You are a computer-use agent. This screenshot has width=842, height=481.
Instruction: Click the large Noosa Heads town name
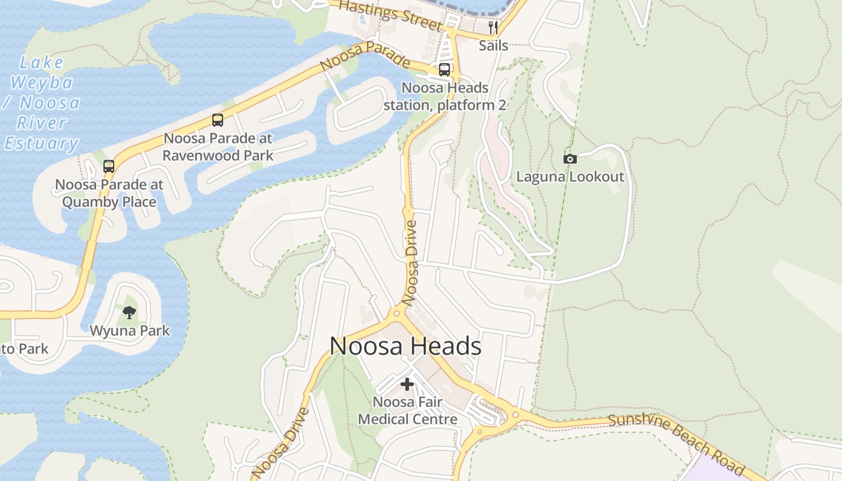pos(405,347)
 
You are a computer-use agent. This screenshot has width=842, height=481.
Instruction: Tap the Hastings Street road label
pos(390,16)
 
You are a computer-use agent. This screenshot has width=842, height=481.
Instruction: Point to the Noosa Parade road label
pos(365,56)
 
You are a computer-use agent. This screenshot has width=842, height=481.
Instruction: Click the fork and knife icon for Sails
pos(493,28)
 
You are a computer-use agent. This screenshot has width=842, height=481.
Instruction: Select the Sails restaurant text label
pos(493,46)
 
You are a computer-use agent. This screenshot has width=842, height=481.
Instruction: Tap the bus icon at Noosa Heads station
pos(444,70)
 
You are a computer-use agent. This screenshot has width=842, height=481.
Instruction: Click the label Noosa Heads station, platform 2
pos(444,96)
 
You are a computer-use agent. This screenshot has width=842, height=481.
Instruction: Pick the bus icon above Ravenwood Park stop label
pos(218,120)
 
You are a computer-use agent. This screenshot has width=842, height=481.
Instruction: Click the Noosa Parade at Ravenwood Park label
pos(218,147)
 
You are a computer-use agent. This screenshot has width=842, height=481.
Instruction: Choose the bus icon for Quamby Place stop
pos(109,167)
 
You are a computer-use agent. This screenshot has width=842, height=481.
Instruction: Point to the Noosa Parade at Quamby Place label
pos(109,193)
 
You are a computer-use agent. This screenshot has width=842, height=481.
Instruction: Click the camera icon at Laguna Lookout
pos(570,159)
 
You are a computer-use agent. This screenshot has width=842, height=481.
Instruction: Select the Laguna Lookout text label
pos(570,177)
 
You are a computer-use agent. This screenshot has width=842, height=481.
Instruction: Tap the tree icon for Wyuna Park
pos(129,312)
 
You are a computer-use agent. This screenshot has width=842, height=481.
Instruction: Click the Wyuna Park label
pos(129,331)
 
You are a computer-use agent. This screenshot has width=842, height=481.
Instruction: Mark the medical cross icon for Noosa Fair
pos(407,384)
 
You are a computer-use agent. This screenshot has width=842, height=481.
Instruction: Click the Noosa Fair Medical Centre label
pos(408,410)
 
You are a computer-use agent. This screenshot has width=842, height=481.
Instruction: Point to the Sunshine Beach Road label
pos(676,444)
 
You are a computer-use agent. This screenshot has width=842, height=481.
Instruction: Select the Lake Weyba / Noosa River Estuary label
pos(42,103)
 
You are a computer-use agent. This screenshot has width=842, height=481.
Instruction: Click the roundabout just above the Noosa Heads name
pos(396,312)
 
